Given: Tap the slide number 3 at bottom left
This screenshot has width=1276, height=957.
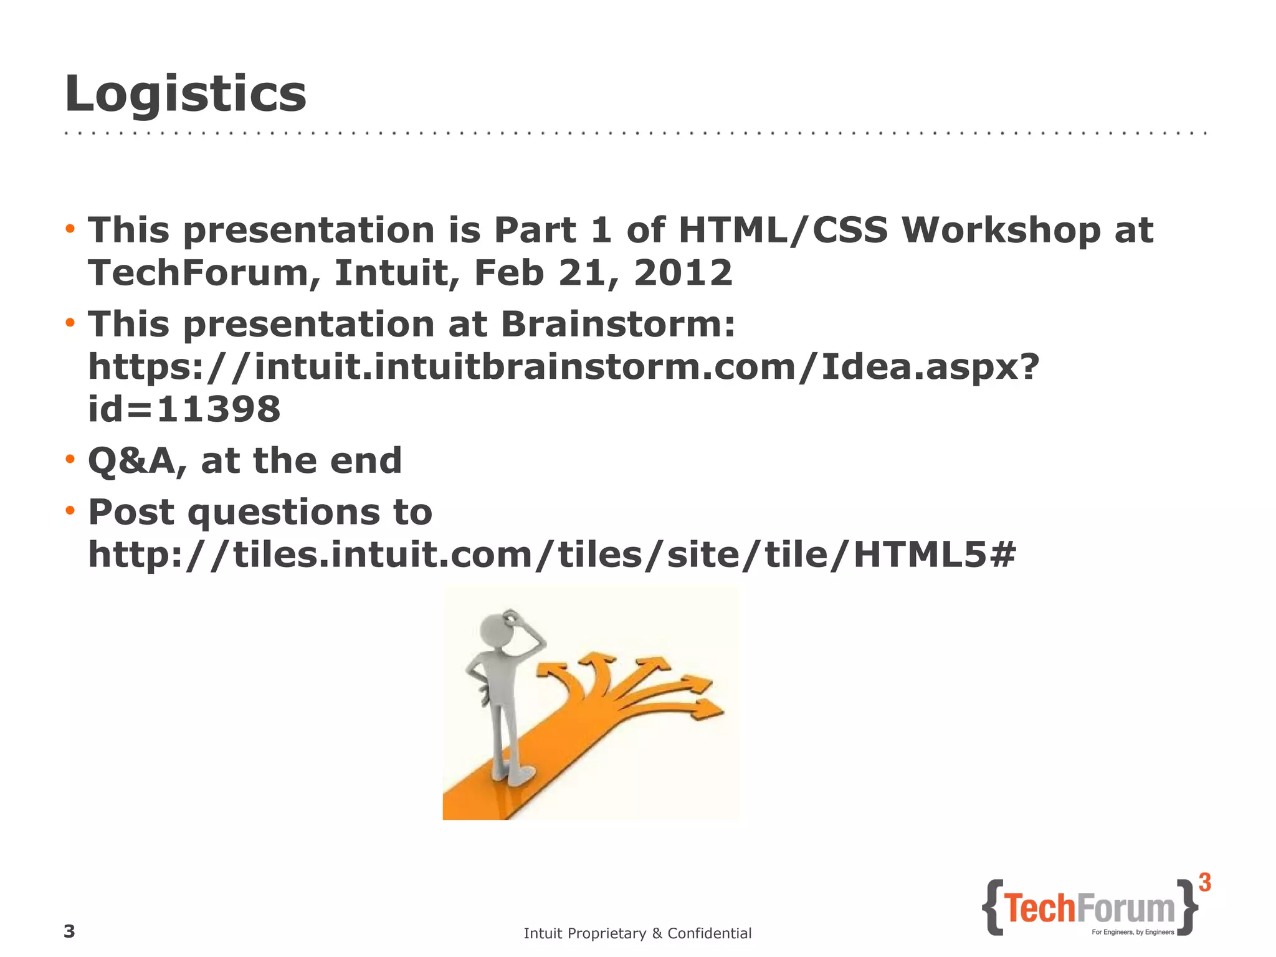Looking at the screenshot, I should click(x=69, y=931).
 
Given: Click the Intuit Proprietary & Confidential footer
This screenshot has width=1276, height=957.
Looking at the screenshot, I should click(x=637, y=933).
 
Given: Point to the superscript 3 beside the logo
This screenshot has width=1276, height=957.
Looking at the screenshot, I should click(x=1205, y=883).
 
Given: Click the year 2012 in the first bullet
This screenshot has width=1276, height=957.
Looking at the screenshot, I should click(x=683, y=273).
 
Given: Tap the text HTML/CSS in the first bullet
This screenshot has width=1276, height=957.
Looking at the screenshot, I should click(x=783, y=230).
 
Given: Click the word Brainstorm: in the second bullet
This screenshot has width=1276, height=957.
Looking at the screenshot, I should click(x=617, y=324).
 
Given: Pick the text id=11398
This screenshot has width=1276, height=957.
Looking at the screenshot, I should click(x=184, y=409).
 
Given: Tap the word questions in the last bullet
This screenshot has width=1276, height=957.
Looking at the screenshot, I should click(x=283, y=513).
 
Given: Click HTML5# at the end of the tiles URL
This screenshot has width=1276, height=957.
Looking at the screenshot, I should click(x=935, y=554).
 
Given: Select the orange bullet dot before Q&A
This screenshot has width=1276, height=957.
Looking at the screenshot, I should click(x=70, y=460).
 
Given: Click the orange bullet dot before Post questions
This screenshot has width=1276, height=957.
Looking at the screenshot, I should click(x=70, y=511).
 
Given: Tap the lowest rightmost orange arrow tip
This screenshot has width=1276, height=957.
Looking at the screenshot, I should click(x=710, y=710).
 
